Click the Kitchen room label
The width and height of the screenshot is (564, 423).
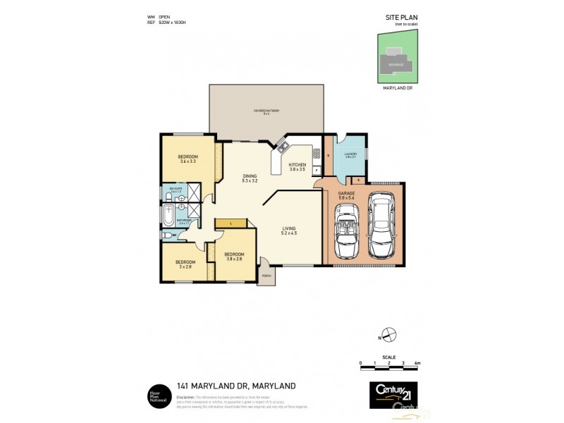coord(297,167)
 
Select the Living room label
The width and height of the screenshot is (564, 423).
coord(289,230)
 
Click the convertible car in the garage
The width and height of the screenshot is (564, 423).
coord(346,236)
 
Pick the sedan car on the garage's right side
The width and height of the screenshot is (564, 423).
coord(382,227)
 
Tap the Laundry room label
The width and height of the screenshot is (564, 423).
coord(350,155)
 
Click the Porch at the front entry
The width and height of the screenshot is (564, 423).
coord(266,276)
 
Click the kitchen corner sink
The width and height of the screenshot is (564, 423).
coord(283,147)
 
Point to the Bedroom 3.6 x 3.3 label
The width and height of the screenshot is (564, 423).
coord(188,159)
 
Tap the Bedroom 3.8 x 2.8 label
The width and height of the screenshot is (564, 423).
coord(234,257)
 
